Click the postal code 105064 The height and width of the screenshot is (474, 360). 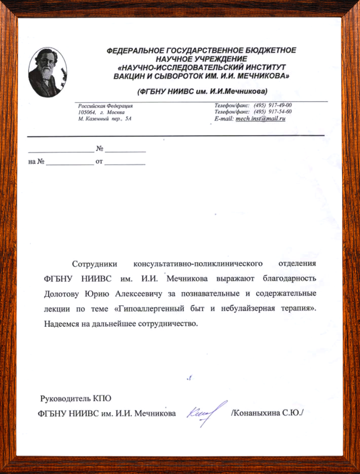point(87,112)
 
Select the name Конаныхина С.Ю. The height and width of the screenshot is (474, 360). point(267,413)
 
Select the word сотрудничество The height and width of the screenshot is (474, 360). point(166,325)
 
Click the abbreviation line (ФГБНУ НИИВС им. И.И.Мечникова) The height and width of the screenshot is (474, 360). point(203,91)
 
